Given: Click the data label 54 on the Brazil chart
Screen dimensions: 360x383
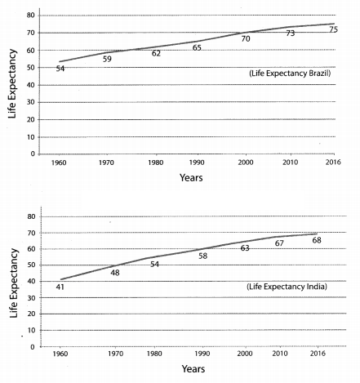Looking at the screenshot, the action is click(60, 69).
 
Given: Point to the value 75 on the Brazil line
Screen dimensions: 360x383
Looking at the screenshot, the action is click(333, 29).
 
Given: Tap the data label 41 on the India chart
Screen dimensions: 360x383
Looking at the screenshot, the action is click(60, 287).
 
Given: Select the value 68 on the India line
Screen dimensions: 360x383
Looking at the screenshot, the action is click(317, 240).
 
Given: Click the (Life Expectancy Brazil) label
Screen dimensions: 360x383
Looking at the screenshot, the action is click(290, 73).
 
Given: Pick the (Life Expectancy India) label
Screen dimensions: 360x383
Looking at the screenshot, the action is click(287, 287).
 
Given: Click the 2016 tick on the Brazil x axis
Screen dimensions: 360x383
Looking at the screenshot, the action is click(333, 163).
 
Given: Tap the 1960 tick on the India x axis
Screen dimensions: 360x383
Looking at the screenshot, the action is click(60, 354).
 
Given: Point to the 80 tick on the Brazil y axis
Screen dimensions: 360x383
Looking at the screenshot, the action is click(31, 16).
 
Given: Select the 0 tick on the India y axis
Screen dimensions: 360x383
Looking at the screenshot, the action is click(33, 347).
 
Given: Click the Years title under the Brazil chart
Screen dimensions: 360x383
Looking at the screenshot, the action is click(191, 178).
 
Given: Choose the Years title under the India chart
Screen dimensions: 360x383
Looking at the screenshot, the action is click(193, 369).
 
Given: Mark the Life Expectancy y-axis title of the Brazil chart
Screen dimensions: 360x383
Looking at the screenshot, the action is click(12, 83).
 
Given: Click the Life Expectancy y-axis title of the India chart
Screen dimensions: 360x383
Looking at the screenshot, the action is click(14, 283).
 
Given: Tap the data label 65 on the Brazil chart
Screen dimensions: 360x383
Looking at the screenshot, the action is click(197, 47).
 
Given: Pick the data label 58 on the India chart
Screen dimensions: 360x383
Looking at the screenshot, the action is click(202, 256).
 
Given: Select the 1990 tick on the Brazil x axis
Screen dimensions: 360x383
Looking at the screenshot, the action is click(197, 163).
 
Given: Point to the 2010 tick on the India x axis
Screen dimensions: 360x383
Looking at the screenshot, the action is click(280, 354).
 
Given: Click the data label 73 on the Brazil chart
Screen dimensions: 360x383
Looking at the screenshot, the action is click(291, 33).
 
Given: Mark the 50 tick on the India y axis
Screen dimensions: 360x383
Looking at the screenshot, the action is click(31, 265).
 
